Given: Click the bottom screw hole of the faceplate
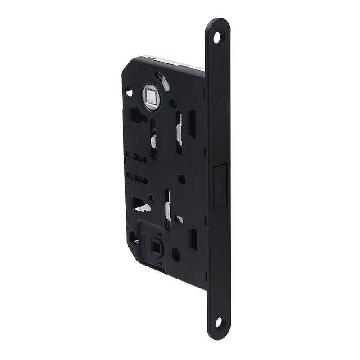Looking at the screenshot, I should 219,322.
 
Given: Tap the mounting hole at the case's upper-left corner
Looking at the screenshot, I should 129,91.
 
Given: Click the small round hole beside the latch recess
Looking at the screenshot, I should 182,179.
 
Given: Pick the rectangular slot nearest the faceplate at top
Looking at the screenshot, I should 192,124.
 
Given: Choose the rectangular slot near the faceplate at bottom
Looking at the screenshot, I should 193,239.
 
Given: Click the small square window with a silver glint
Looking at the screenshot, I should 179,219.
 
